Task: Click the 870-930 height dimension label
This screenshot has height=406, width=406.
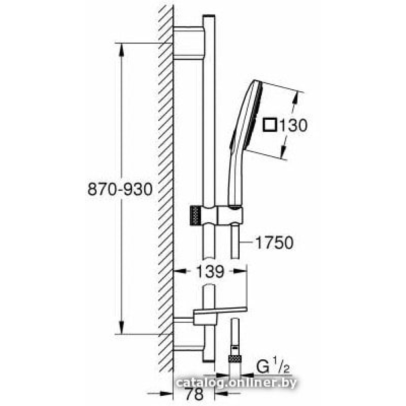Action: [120, 189]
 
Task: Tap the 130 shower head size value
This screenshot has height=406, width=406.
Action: [294, 125]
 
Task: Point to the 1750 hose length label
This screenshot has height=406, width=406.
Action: [274, 243]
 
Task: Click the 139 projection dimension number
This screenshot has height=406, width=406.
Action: [210, 272]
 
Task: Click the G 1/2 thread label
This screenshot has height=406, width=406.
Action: [273, 367]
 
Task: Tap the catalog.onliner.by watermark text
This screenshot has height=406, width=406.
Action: [236, 383]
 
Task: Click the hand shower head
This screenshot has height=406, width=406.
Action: [247, 117]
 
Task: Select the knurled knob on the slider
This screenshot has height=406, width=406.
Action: [196, 216]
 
